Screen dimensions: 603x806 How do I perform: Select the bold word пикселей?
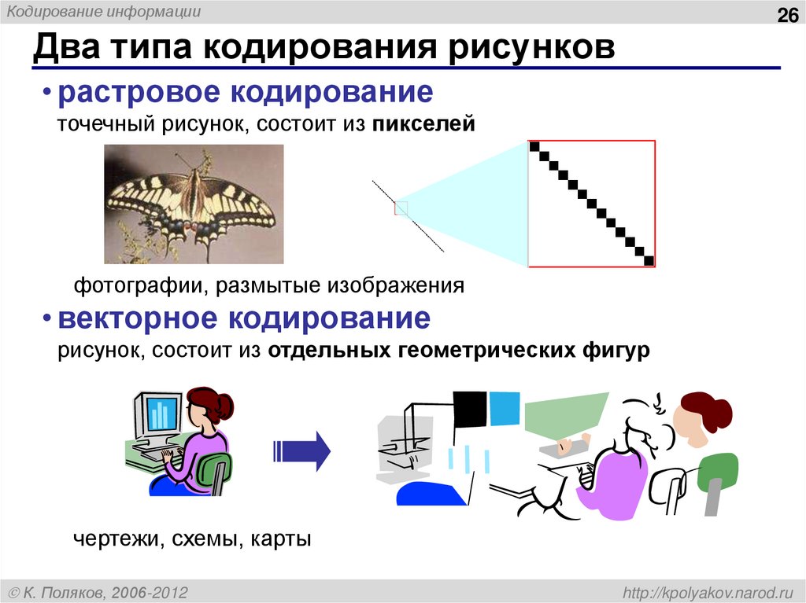coord(424,124)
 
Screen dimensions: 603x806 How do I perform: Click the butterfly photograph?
coord(194,204)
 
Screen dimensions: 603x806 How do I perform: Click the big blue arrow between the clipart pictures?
coord(302,450)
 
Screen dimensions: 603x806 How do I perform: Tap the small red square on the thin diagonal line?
coord(401,208)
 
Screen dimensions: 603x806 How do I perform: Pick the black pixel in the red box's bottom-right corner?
coord(649,260)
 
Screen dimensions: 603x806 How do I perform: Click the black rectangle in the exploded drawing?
coord(470,409)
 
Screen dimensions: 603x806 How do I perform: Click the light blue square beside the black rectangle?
coord(505,407)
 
